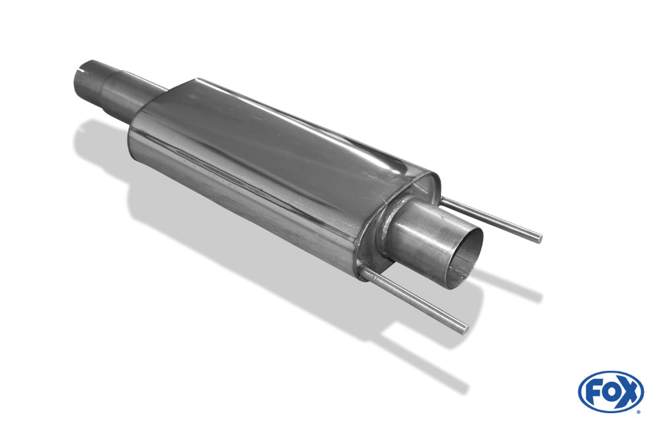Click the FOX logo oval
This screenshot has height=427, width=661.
[x=611, y=391]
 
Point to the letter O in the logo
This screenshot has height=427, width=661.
[x=610, y=393]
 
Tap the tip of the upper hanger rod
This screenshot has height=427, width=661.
[x=539, y=238]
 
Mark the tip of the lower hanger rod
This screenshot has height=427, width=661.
[x=465, y=330]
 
